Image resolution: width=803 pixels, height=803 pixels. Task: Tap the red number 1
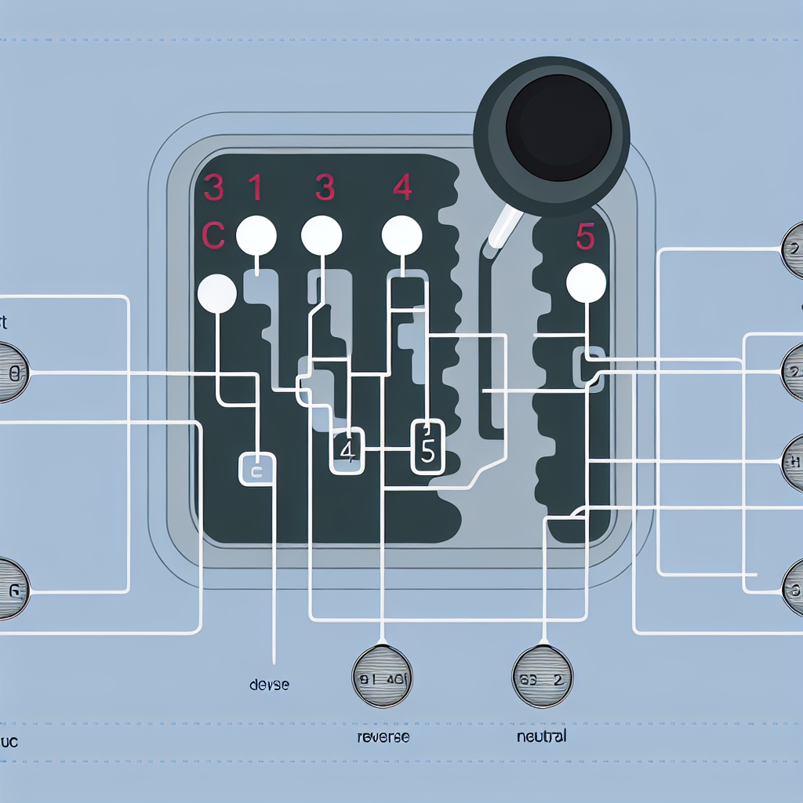pyautogui.click(x=255, y=188)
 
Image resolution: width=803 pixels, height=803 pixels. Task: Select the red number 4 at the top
pyautogui.click(x=401, y=188)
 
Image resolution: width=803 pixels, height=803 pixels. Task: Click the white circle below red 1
pyautogui.click(x=256, y=235)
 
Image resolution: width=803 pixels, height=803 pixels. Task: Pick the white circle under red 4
pyautogui.click(x=401, y=235)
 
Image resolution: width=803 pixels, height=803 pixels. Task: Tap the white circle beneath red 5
pyautogui.click(x=586, y=283)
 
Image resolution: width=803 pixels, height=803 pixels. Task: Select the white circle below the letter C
pyautogui.click(x=217, y=294)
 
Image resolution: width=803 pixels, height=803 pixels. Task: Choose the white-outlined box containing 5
pyautogui.click(x=427, y=447)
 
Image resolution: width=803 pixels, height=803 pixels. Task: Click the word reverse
pyautogui.click(x=383, y=737)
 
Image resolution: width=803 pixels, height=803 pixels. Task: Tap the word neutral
pyautogui.click(x=542, y=736)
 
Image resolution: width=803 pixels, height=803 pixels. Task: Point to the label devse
pyautogui.click(x=269, y=685)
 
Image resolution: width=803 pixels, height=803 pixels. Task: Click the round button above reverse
pyautogui.click(x=383, y=677)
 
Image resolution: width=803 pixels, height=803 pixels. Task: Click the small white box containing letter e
pyautogui.click(x=257, y=469)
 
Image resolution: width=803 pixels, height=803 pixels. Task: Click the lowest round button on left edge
pyautogui.click(x=10, y=588)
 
